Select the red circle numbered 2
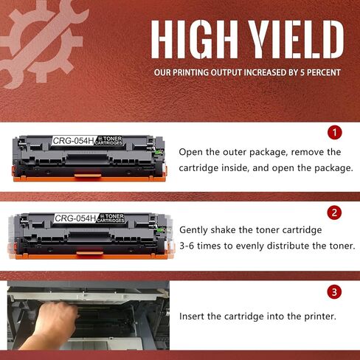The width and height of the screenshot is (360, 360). tap(335, 213)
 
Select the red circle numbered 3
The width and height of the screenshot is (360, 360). tap(335, 292)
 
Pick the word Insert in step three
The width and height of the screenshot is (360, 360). tap(194, 316)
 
